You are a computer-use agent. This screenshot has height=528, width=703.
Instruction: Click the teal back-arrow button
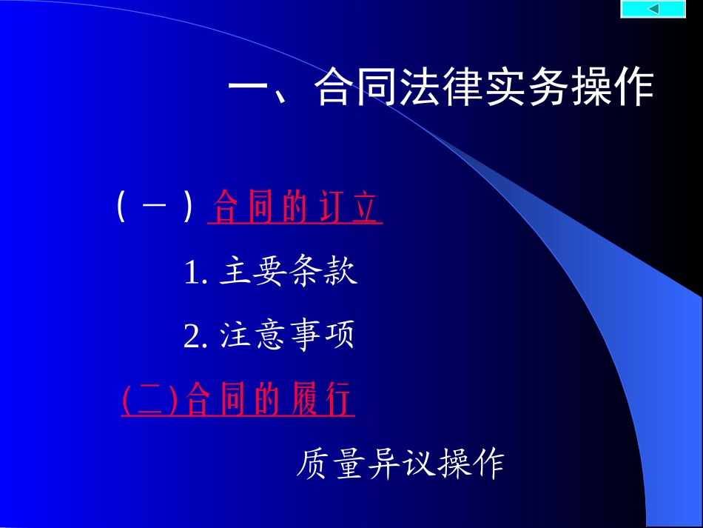pos(653,9)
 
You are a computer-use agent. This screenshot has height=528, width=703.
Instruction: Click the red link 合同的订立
pos(297,207)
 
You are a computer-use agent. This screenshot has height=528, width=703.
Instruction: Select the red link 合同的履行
pos(270,401)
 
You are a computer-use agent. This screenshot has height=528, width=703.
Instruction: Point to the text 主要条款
pos(289,272)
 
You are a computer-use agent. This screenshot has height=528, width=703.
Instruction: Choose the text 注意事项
pos(289,335)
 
